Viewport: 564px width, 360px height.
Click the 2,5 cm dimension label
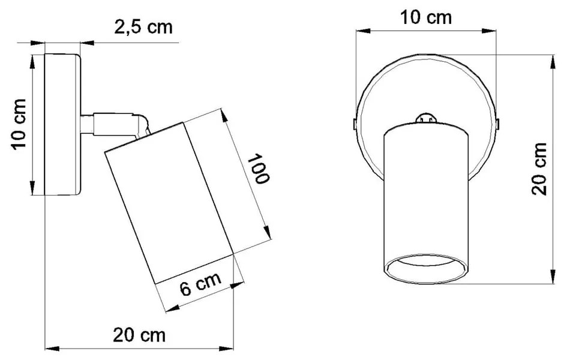(143, 28)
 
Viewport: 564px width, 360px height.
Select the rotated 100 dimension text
(259, 169)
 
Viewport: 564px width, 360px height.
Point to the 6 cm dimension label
(201, 284)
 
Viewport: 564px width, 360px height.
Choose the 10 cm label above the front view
(426, 18)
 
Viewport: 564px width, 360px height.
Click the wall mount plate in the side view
(62, 124)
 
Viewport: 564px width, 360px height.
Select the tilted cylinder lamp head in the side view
(169, 201)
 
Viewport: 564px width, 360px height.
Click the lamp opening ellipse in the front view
(425, 271)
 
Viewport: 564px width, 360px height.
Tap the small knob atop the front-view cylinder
(426, 117)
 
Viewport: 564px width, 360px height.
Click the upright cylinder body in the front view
(425, 192)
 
